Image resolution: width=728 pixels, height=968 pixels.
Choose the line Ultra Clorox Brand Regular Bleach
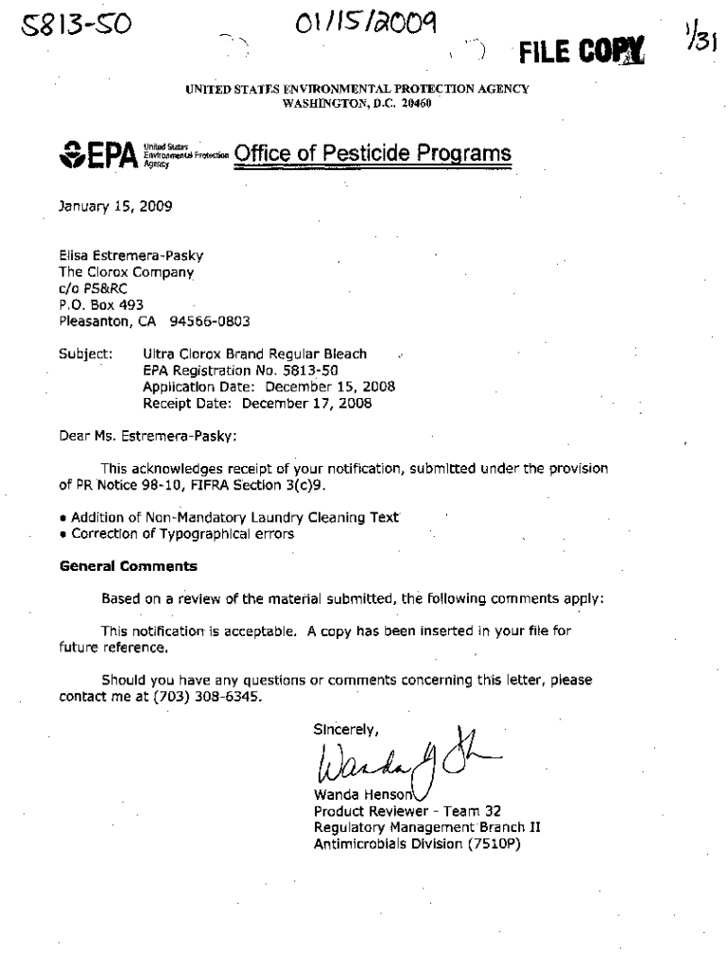click(x=254, y=354)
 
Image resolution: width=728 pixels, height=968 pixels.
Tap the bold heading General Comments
click(x=129, y=566)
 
